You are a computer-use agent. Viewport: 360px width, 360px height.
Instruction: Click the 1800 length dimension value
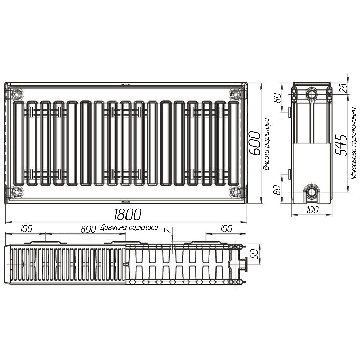click(x=128, y=214)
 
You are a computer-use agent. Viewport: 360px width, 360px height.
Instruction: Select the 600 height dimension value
click(x=254, y=143)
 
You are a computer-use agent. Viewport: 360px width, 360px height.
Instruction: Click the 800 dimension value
click(x=88, y=229)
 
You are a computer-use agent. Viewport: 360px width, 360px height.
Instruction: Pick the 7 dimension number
click(x=169, y=231)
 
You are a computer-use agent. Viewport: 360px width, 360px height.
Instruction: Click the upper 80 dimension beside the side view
click(x=278, y=98)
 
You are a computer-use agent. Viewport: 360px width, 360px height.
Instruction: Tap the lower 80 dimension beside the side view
click(x=278, y=190)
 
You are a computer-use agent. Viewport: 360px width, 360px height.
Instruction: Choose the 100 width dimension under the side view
click(x=313, y=210)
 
